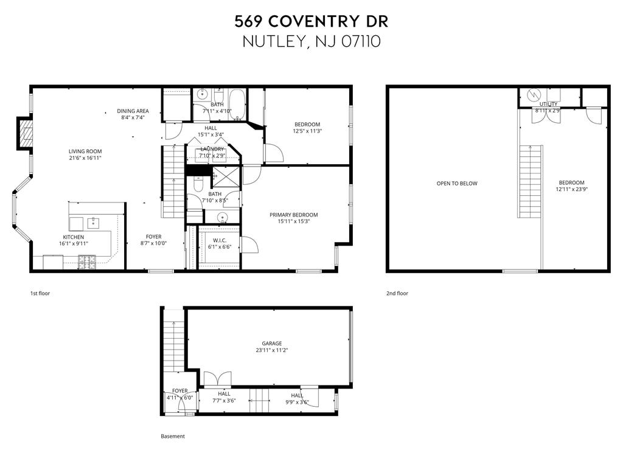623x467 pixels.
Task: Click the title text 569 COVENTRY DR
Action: click(311, 21)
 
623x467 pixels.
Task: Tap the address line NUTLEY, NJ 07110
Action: click(311, 41)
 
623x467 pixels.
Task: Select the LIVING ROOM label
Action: click(85, 151)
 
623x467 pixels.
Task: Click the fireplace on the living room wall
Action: click(24, 133)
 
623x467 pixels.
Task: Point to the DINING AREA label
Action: click(133, 111)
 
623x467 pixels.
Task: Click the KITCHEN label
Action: click(74, 237)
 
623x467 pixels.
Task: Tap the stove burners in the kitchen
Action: click(87, 261)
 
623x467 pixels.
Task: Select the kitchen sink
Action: click(93, 224)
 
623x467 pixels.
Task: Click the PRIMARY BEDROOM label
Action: click(294, 215)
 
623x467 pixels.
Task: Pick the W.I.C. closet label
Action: click(219, 240)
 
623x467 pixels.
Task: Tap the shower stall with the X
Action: click(226, 176)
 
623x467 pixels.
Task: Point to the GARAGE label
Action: click(272, 344)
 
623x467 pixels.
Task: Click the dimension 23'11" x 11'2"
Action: click(272, 350)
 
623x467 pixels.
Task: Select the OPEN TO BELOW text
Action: click(457, 184)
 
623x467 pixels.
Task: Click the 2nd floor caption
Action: click(397, 294)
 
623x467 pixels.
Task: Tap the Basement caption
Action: click(173, 437)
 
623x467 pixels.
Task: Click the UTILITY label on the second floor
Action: click(548, 104)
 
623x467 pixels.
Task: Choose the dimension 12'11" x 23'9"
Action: click(572, 190)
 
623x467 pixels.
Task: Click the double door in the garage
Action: click(217, 379)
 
